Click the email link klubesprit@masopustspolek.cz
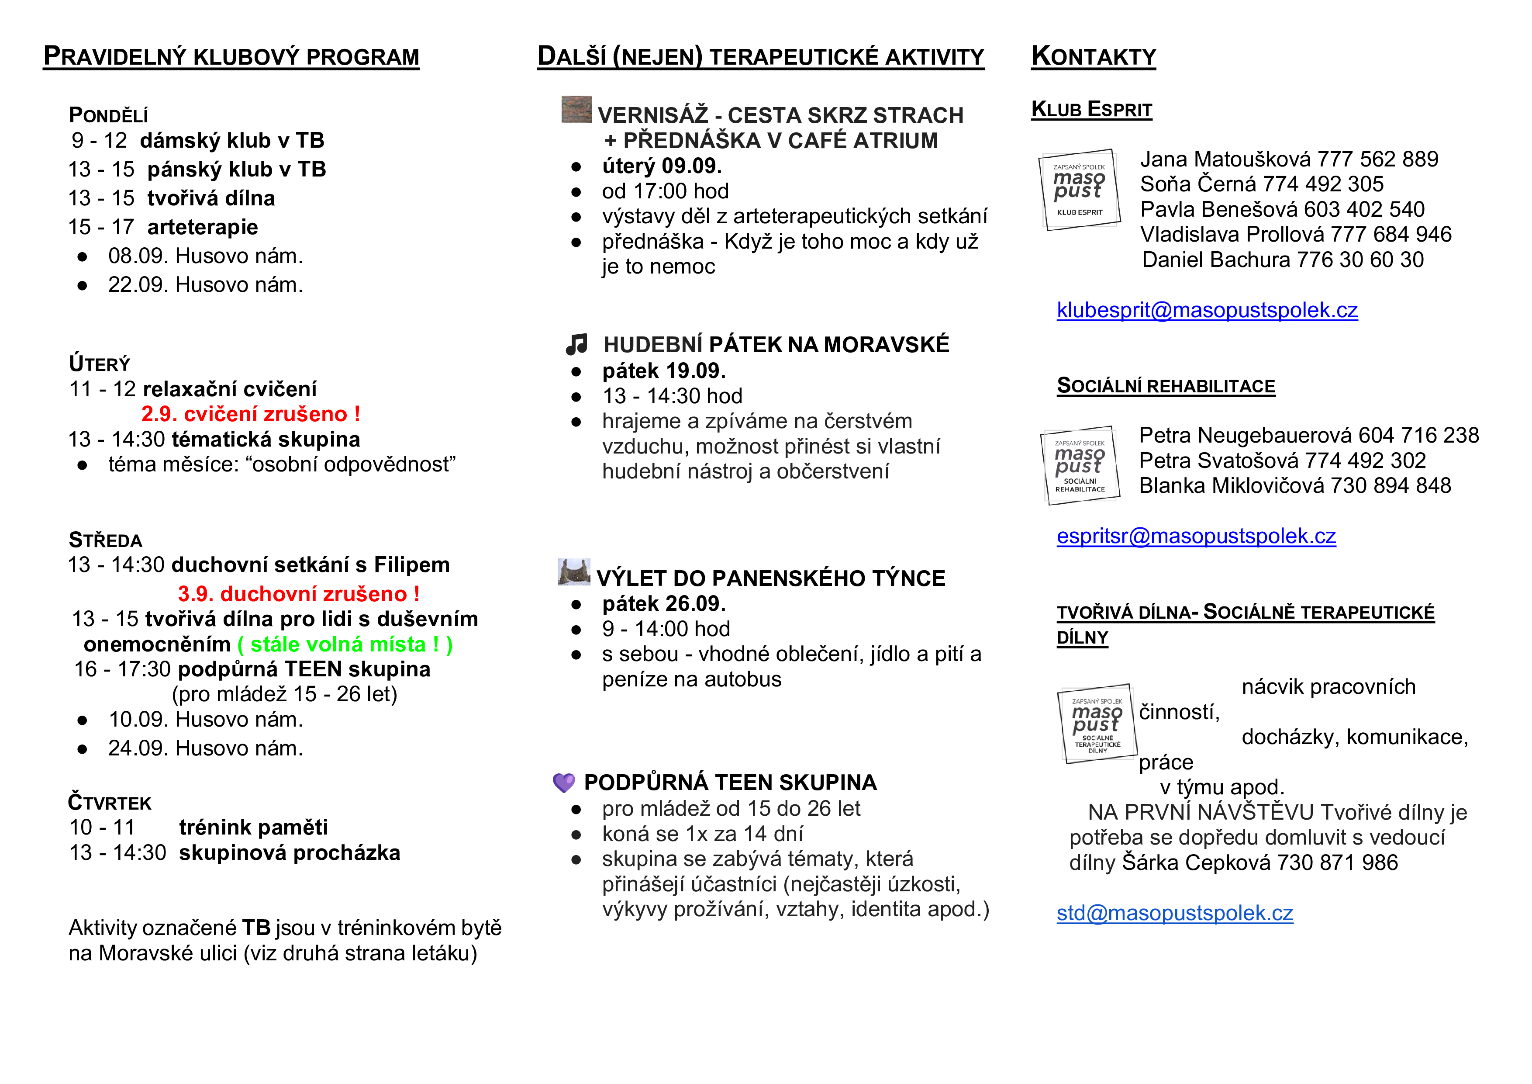[x=1206, y=310]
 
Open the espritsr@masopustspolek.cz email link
[x=1196, y=537]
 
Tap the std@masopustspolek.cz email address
[x=1174, y=913]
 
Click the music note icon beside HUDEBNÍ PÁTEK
[x=576, y=344]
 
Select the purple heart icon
[x=564, y=782]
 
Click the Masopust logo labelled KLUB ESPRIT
[x=1079, y=190]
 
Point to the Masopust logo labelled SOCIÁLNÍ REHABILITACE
[x=1080, y=465]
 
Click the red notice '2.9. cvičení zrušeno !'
[x=250, y=415]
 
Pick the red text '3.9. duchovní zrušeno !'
[x=298, y=594]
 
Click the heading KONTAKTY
[x=1093, y=57]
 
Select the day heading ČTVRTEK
[x=110, y=802]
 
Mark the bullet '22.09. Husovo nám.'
[x=205, y=285]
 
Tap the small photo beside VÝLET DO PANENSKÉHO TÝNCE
[x=574, y=572]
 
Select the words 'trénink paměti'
[x=254, y=828]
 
